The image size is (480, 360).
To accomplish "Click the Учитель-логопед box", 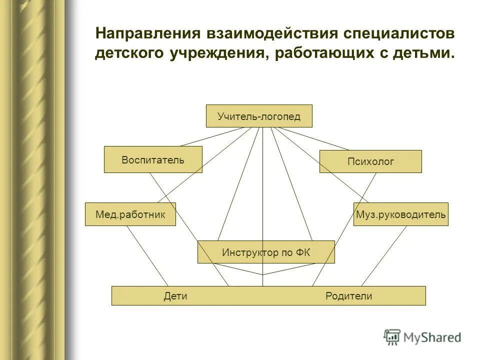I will click(x=259, y=116).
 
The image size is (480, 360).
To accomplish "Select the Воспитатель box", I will click(x=153, y=159).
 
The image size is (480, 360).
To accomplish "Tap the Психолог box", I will click(x=370, y=161).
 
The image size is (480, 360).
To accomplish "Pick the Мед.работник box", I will click(x=130, y=214).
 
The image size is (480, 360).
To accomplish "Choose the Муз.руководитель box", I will click(x=400, y=214).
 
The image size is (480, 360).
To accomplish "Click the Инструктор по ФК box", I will click(x=266, y=252).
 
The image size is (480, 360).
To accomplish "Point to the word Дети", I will click(x=175, y=296).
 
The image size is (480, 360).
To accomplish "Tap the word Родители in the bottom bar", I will click(x=348, y=296).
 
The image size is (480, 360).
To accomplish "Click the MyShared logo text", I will click(x=432, y=337).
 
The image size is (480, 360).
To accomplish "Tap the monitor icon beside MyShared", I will click(x=392, y=337).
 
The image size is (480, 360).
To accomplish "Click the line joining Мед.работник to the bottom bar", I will click(x=147, y=256).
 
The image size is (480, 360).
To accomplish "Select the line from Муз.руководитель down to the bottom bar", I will click(x=384, y=256).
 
